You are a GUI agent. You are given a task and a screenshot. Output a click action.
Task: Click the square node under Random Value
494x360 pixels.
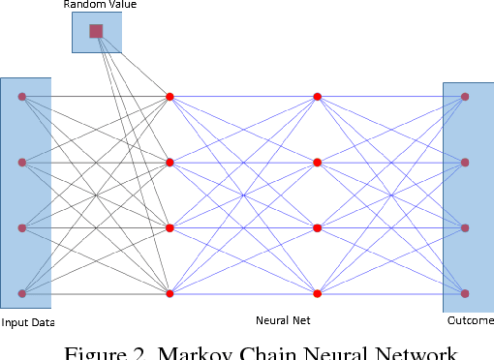tap(96, 31)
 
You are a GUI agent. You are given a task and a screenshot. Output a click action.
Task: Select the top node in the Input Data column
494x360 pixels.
tap(21, 97)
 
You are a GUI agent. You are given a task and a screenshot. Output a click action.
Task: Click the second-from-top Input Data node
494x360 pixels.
tap(21, 163)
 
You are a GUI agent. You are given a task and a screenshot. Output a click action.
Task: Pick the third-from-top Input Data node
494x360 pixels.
tap(21, 228)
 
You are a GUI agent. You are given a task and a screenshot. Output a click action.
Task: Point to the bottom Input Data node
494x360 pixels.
tap(21, 293)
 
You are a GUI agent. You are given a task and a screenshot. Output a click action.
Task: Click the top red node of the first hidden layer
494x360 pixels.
tap(170, 97)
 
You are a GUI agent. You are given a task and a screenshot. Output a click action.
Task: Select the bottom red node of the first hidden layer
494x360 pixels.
tap(170, 293)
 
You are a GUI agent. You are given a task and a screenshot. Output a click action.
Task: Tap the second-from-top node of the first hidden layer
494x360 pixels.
tap(170, 163)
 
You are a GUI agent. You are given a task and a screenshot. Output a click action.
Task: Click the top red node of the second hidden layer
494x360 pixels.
tap(317, 97)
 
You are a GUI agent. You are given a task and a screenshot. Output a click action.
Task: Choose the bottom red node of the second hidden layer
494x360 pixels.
tap(317, 293)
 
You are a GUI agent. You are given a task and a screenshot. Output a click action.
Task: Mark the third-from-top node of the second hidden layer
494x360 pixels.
tap(317, 228)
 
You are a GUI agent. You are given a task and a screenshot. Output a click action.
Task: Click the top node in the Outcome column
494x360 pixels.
tap(465, 97)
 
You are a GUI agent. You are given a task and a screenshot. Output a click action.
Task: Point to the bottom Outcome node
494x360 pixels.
tap(465, 293)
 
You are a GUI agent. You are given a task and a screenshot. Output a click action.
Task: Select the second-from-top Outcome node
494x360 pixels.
tap(465, 163)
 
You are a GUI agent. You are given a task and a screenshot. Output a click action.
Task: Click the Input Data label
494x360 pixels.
tap(28, 322)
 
